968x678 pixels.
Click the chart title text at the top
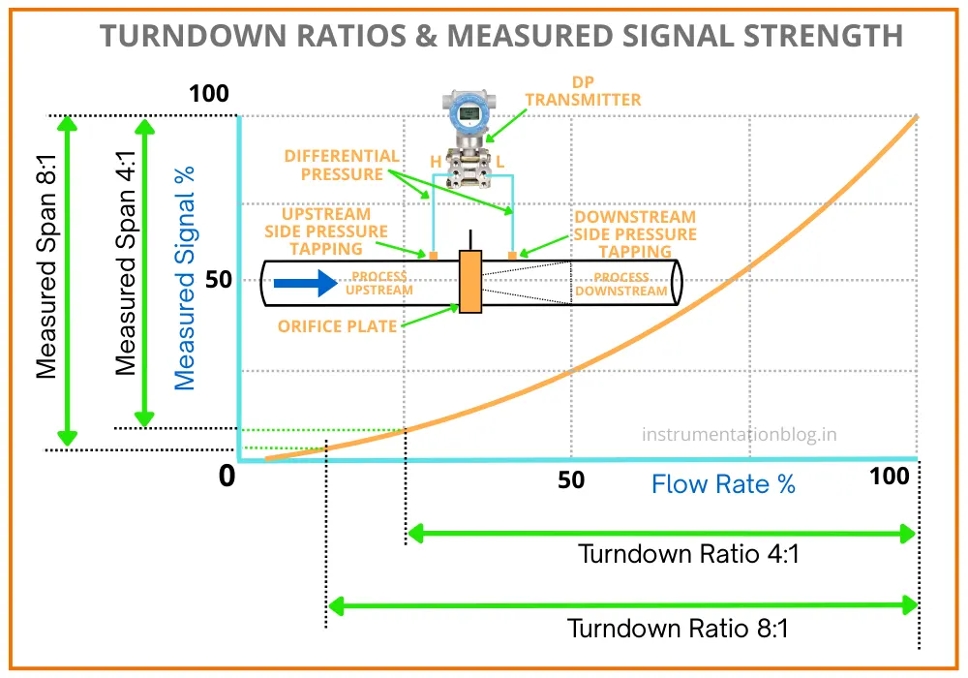point(502,36)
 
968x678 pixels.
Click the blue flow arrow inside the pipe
point(305,284)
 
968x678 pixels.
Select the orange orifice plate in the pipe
point(470,282)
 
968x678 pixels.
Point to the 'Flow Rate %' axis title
point(723,484)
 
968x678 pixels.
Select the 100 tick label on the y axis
point(209,95)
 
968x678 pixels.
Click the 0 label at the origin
point(227,477)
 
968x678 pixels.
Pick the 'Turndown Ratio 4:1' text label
point(688,555)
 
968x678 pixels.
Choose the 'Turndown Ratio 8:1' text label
point(678,628)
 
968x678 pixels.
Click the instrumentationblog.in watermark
point(739,434)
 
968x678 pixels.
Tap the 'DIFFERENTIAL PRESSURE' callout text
point(342,165)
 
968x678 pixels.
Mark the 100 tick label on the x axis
point(889,477)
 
